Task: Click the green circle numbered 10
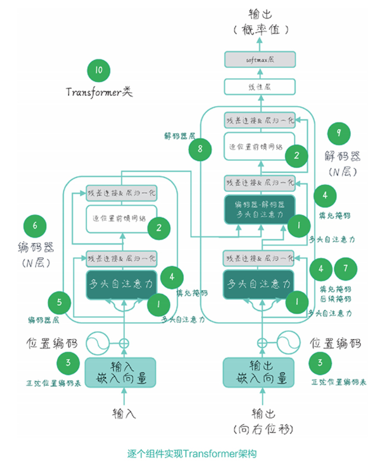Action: tap(99, 71)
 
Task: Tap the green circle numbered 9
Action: tap(339, 133)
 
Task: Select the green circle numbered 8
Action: tap(200, 149)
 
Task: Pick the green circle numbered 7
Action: tap(346, 269)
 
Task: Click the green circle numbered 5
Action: tap(59, 302)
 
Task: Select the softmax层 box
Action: tap(260, 60)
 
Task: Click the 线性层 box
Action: tap(260, 87)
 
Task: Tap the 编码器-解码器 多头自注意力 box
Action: tap(260, 209)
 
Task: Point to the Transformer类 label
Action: tap(99, 92)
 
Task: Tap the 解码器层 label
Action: tap(175, 136)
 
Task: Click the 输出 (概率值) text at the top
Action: tap(260, 21)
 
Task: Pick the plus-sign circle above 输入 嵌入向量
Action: tap(124, 342)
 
